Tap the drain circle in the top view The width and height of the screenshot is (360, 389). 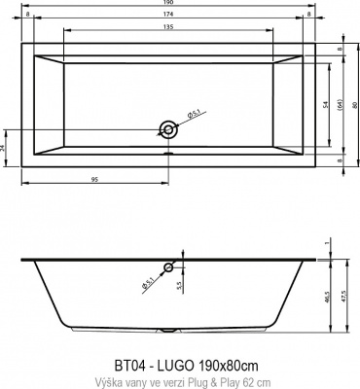169,127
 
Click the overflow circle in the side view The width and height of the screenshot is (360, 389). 169,266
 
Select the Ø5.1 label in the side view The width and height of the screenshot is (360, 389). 148,283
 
